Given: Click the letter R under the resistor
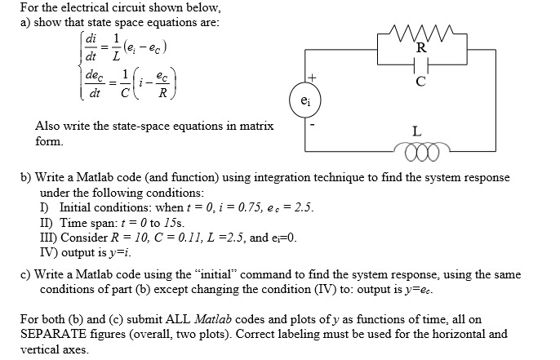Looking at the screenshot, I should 420,47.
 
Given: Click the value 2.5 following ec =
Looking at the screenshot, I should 301,207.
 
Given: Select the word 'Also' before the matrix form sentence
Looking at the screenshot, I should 48,127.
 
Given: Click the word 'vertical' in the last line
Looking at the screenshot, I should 42,348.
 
